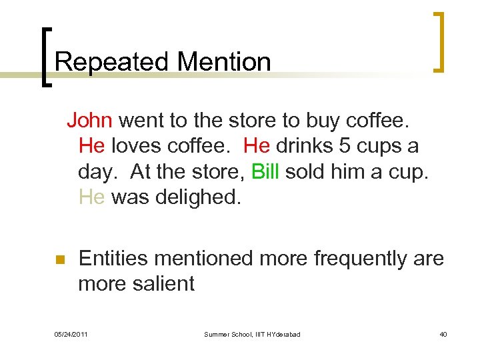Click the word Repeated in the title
(113, 62)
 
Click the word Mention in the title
(224, 62)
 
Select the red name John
(92, 121)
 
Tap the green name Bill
(265, 171)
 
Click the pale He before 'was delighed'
(91, 197)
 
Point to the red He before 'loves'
(91, 146)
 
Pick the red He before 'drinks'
(257, 146)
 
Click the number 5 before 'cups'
(343, 146)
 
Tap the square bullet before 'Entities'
(59, 260)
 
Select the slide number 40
(443, 334)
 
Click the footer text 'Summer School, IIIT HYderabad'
(252, 334)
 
